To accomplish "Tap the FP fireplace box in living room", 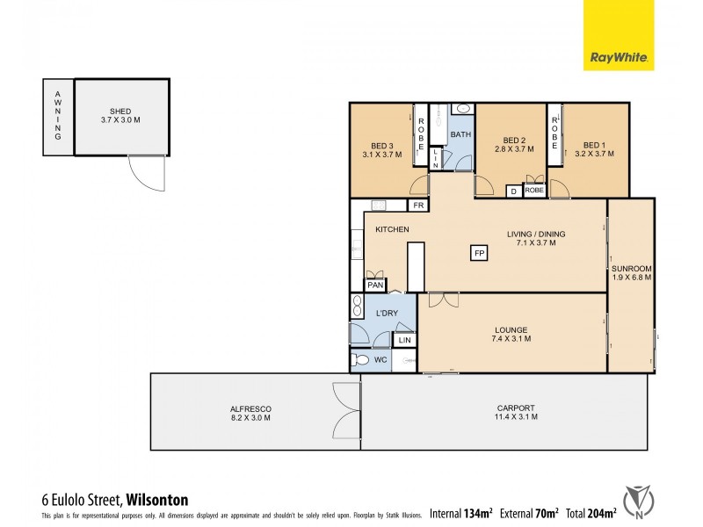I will click(x=479, y=253).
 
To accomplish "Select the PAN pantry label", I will click(x=375, y=285).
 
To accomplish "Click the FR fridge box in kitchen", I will click(x=420, y=206).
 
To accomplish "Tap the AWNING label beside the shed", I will click(x=58, y=116).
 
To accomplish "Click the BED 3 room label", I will click(x=381, y=149).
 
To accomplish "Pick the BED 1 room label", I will click(x=594, y=149).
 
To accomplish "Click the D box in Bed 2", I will click(x=513, y=191).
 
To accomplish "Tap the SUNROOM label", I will click(x=631, y=272).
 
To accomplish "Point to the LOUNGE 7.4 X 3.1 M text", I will click(x=511, y=336).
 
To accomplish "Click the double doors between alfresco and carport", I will click(x=347, y=411).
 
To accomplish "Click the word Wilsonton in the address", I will click(x=157, y=500).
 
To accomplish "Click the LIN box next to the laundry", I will click(x=405, y=340).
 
